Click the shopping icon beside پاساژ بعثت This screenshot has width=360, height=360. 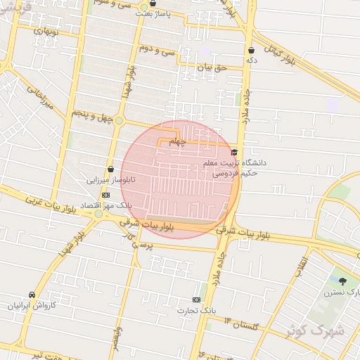pos(153,3)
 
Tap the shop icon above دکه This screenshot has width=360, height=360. pos(251,51)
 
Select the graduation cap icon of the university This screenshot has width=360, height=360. pos(234,152)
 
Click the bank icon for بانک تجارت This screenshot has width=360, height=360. pos(196,300)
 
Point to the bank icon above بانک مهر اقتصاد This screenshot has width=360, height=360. pos(106,195)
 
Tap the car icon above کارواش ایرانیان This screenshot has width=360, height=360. pos(32,295)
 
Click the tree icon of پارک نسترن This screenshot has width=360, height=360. pos(343,281)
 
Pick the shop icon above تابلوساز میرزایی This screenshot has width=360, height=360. pos(110,169)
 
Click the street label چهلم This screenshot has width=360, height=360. pos(179,141)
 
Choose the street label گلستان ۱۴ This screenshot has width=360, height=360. pos(241,324)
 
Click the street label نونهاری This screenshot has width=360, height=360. pos(39,30)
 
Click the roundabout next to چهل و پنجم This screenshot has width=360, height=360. pos(119,121)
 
